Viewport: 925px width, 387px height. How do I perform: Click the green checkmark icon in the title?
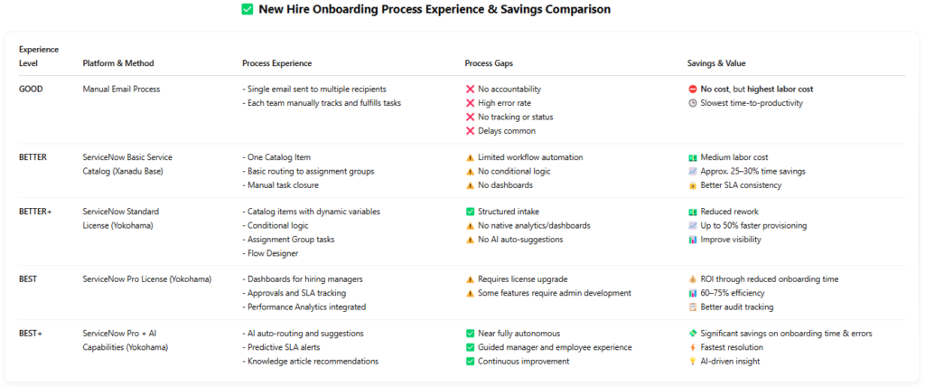pos(247,10)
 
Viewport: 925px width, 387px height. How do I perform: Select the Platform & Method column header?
pos(117,63)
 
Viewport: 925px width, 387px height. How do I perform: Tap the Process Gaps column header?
pos(491,63)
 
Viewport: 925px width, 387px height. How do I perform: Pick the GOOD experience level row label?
pos(31,89)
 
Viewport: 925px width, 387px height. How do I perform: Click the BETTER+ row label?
pos(35,212)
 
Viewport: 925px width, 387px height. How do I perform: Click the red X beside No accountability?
pos(470,89)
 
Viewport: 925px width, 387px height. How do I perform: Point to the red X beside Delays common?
pos(470,131)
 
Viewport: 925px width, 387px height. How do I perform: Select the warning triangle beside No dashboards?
pos(470,185)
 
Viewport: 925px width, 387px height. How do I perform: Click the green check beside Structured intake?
pos(470,212)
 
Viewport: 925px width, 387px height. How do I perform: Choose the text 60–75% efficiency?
pos(733,293)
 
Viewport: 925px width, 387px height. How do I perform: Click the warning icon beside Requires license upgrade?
pos(470,279)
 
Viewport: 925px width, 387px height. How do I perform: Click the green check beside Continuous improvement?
pos(470,362)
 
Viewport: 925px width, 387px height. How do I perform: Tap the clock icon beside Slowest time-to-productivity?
pos(692,103)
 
